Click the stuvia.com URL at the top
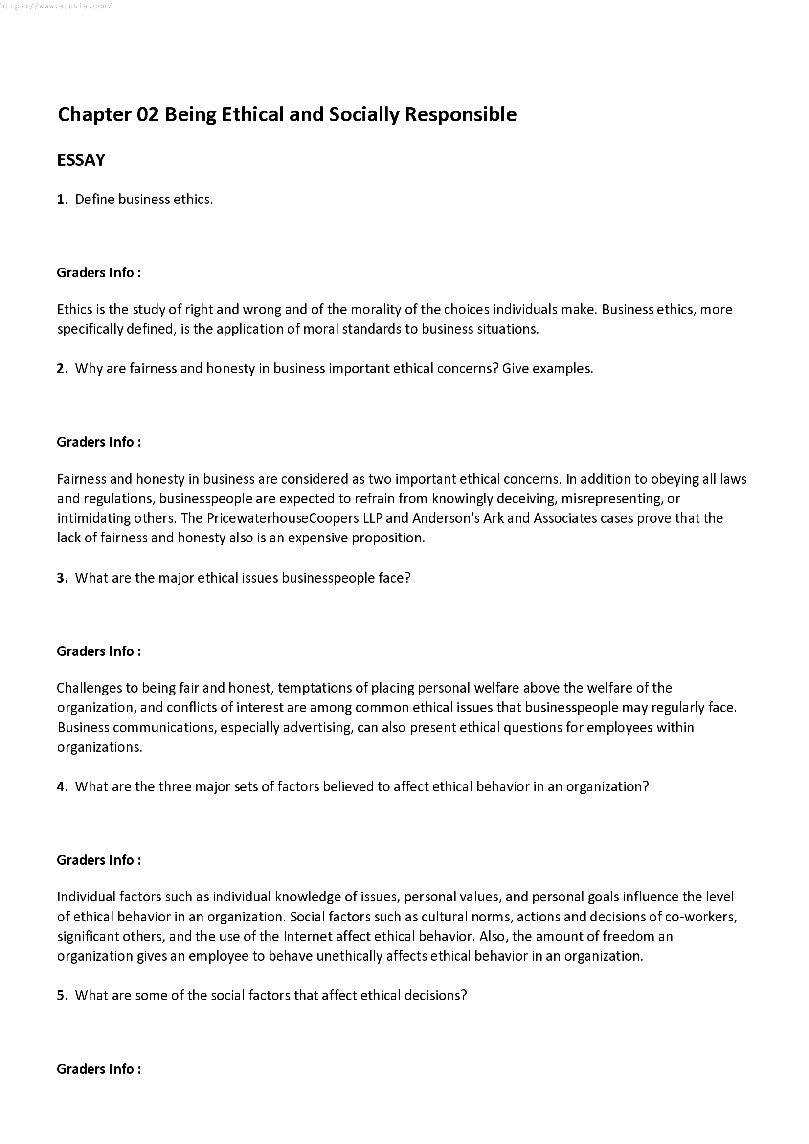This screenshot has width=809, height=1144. (x=56, y=6)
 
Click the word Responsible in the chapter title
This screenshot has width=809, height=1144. (x=460, y=114)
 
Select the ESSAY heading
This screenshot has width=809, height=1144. (x=81, y=160)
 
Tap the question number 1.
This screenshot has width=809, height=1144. (x=62, y=199)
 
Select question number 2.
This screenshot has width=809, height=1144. (x=62, y=369)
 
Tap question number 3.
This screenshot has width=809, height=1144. (x=62, y=578)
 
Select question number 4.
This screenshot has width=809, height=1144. (x=62, y=787)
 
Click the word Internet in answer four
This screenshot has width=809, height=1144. (x=307, y=937)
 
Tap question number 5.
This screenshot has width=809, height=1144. (x=62, y=995)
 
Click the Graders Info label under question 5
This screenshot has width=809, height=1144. (x=99, y=1069)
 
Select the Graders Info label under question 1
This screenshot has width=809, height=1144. (x=99, y=272)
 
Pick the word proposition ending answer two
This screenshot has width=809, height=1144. (x=388, y=538)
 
